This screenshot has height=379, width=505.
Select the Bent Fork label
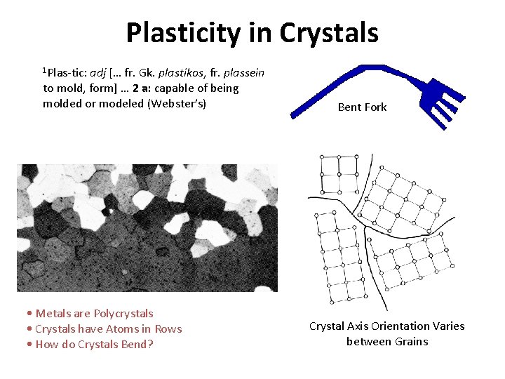(x=362, y=107)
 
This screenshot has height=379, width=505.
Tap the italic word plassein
(x=240, y=73)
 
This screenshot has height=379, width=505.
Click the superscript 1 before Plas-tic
(x=45, y=70)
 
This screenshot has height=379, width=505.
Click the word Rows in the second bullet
(x=168, y=328)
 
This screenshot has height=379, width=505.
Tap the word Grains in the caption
(x=410, y=341)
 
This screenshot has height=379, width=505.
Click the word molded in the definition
(x=60, y=104)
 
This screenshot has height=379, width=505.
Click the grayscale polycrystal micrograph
(x=147, y=228)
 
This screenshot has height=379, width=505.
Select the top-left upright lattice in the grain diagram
(x=339, y=174)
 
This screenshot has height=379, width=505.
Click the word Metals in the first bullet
(x=53, y=313)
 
